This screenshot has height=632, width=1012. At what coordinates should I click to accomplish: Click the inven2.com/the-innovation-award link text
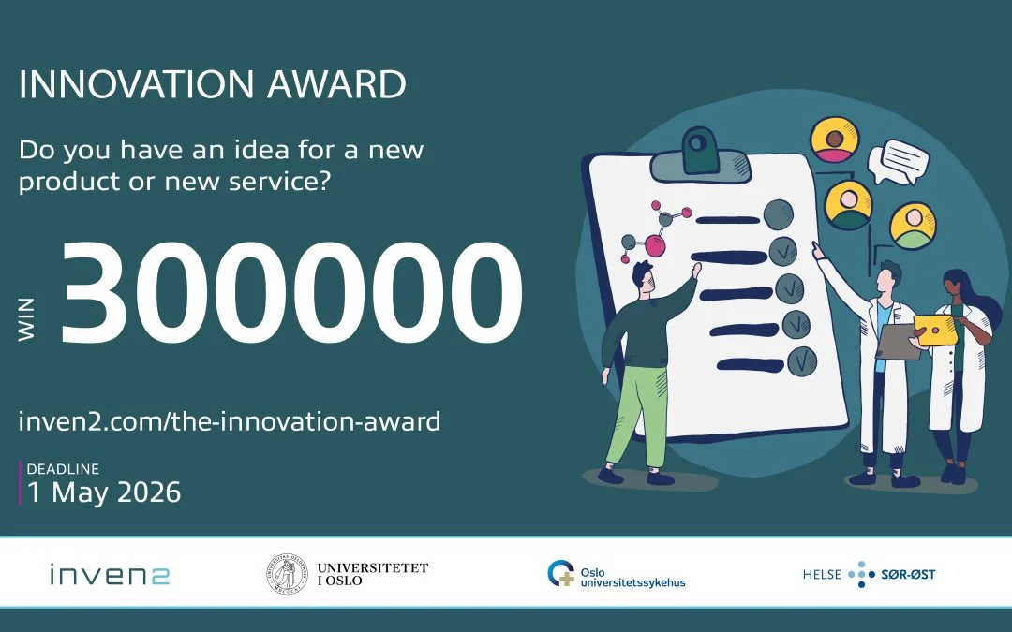click(x=230, y=421)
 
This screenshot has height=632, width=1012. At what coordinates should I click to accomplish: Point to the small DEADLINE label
click(x=63, y=469)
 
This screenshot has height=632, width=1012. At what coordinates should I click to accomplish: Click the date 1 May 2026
click(x=104, y=492)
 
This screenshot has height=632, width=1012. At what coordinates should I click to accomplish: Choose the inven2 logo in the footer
click(x=110, y=574)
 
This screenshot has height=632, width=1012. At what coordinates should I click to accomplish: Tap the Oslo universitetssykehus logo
click(x=616, y=574)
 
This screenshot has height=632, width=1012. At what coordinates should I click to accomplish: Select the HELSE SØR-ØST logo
click(x=869, y=574)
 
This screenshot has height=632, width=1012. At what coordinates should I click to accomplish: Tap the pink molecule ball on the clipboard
click(x=655, y=246)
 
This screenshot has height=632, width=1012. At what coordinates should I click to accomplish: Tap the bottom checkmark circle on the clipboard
click(x=801, y=359)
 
